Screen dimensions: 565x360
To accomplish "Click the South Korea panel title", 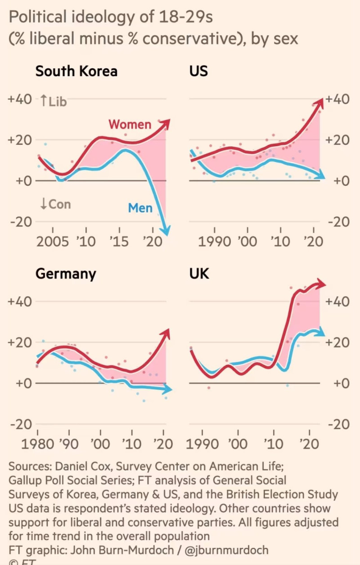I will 76,71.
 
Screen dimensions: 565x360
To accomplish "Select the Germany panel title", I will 65,274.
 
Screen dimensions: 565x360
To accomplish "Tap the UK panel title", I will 199,274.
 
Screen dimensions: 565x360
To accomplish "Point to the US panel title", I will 198,71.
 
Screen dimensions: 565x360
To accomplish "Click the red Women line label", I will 130,124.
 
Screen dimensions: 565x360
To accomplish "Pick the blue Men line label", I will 140,208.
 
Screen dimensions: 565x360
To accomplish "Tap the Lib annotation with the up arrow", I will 53,101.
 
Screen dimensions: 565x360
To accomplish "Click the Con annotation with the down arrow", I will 55,204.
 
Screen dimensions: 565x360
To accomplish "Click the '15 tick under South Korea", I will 119,242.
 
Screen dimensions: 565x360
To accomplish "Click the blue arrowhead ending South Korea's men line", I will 166,231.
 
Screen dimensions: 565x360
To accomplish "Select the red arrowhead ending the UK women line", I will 321,283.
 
